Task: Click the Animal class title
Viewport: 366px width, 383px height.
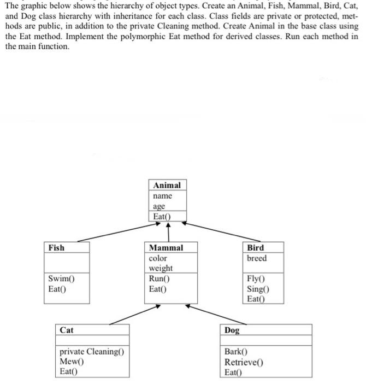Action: pos(167,185)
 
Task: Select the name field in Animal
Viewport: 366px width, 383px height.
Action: pos(163,196)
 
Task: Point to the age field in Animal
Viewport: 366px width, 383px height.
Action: pos(159,207)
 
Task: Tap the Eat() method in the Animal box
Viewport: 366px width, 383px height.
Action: pos(163,217)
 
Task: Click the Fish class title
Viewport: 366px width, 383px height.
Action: pos(56,248)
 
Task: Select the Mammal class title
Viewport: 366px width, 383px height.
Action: pos(166,248)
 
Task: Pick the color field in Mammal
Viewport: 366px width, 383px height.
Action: pos(158,258)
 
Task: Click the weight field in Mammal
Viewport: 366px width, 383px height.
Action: pos(161,268)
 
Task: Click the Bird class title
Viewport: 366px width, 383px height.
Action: pos(255,248)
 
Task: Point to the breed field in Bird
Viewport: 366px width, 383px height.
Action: pos(257,258)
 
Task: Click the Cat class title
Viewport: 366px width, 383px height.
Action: pos(67,330)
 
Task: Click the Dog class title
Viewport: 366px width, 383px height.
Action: pos(232,330)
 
